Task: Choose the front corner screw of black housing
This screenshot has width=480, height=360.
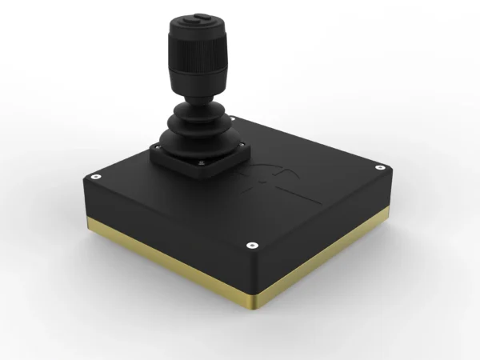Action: point(251,245)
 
